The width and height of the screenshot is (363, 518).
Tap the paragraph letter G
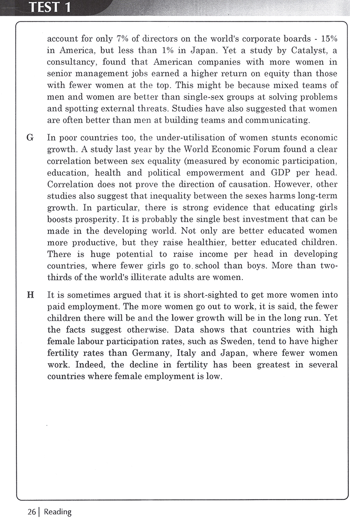coord(30,138)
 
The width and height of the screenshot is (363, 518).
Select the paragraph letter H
coord(30,282)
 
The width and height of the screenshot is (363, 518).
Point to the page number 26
coord(31,512)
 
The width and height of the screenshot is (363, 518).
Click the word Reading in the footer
coord(58,512)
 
